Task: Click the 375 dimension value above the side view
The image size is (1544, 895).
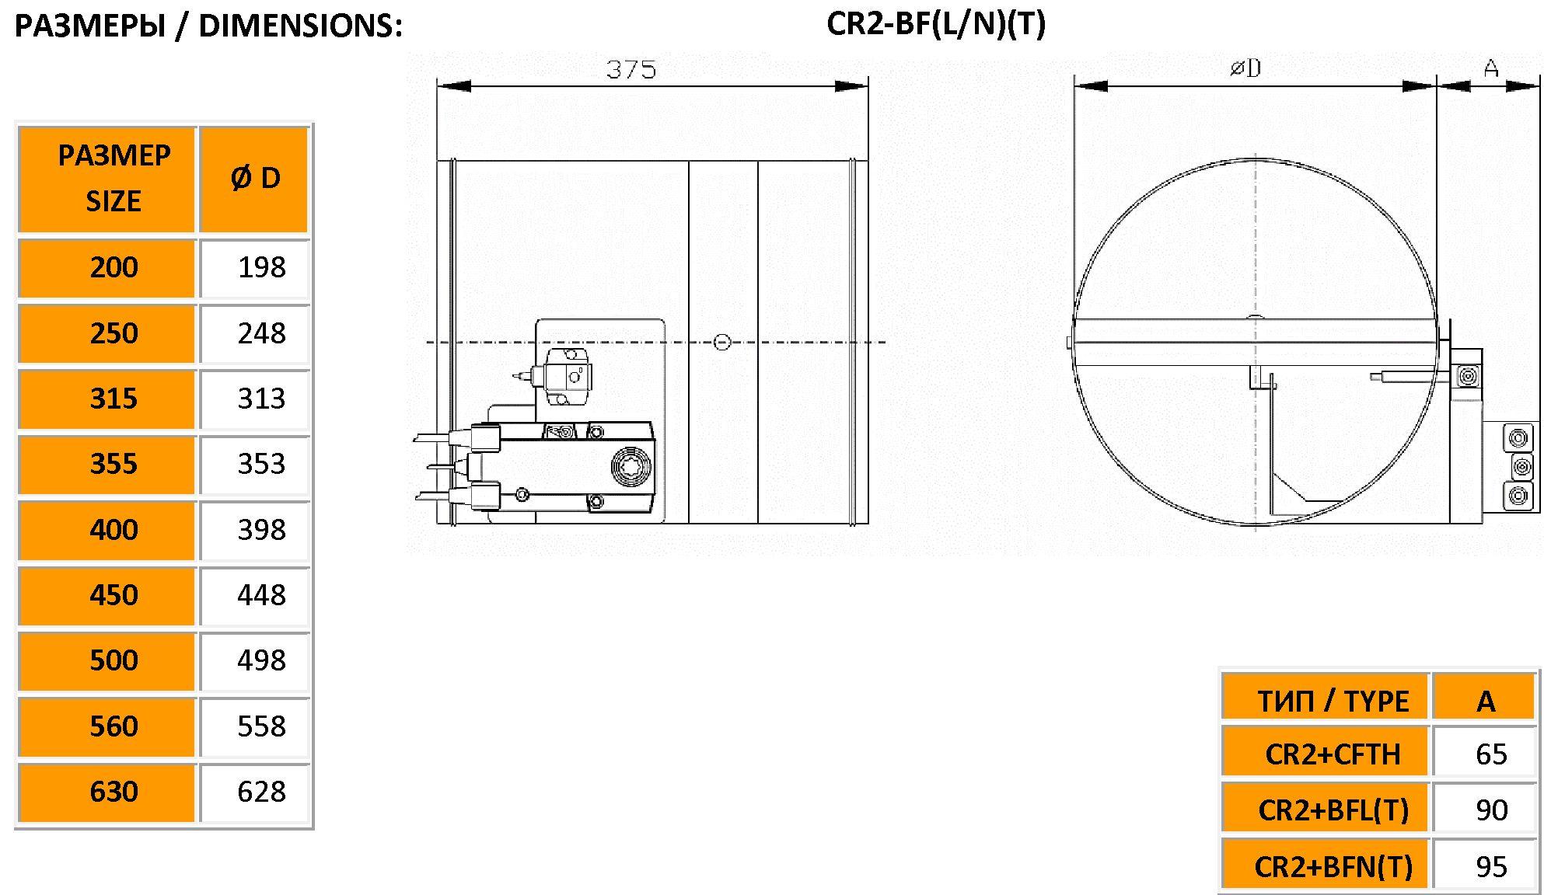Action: point(631,70)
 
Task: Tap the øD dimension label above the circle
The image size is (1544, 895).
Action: point(1245,68)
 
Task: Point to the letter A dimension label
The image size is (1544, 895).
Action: point(1491,68)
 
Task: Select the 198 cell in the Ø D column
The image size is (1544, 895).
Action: point(262,267)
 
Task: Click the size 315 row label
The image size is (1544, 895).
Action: point(114,399)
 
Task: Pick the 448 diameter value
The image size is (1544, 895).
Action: point(262,595)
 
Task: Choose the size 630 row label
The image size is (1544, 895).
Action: point(114,792)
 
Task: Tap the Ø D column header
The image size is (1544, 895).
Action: point(255,179)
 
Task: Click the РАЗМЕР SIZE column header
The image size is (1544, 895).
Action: point(114,178)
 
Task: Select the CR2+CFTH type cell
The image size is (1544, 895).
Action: point(1333,754)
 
